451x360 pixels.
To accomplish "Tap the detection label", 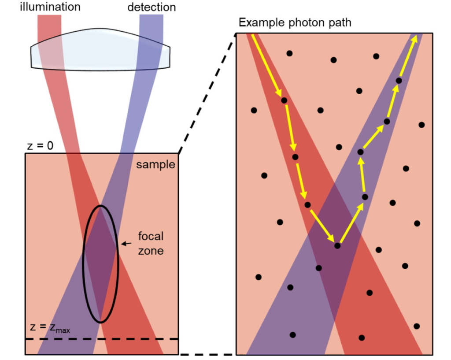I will pyautogui.click(x=152, y=7).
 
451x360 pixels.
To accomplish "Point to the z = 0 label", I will pyautogui.click(x=40, y=146).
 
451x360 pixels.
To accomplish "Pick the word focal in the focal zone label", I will pyautogui.click(x=150, y=237).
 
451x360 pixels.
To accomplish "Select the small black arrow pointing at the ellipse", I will pyautogui.click(x=126, y=243).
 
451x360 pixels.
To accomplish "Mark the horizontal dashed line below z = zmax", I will pyautogui.click(x=101, y=339).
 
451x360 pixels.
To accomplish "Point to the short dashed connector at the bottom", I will pyautogui.click(x=207, y=355).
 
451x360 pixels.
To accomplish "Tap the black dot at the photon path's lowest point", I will pyautogui.click(x=337, y=246).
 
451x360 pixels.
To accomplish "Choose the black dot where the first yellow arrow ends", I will pyautogui.click(x=284, y=100).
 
